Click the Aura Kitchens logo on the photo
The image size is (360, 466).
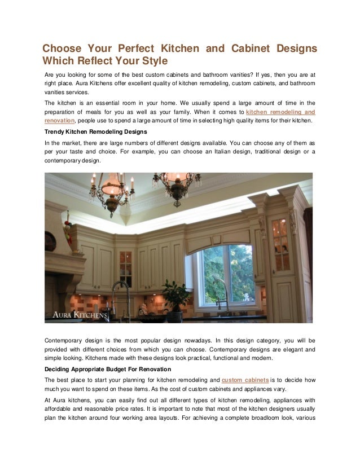[x=80, y=314]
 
